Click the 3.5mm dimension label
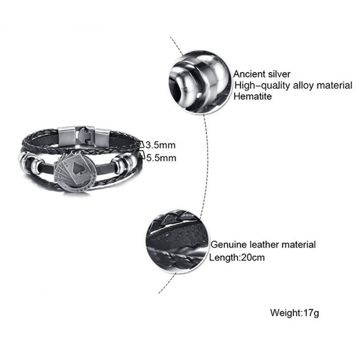(161, 145)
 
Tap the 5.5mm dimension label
(161, 158)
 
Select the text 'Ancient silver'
(262, 74)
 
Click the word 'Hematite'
(253, 96)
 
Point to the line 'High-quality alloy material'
(293, 85)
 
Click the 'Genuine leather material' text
(263, 245)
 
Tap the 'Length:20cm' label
(237, 257)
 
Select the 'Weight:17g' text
(295, 313)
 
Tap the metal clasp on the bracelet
(85, 137)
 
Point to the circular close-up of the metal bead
(200, 82)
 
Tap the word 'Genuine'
(229, 245)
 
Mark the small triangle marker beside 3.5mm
(142, 144)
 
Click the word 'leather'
(263, 245)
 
